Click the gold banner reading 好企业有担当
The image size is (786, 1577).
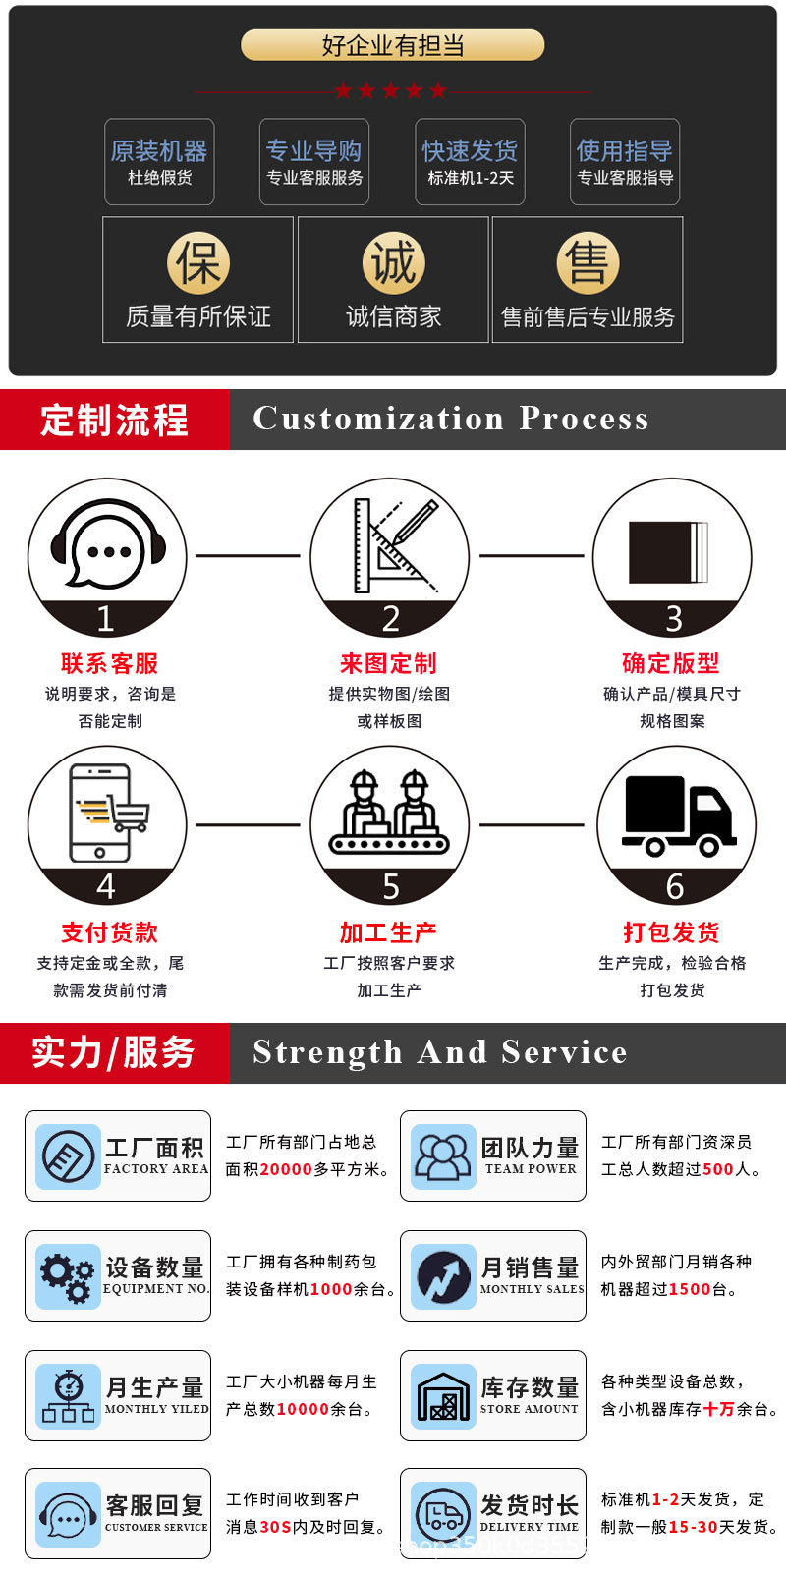(x=392, y=45)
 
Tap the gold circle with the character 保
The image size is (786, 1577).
(x=197, y=262)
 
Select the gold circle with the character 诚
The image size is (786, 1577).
(x=393, y=262)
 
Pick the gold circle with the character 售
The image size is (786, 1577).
(x=588, y=262)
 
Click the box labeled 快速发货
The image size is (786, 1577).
(x=470, y=162)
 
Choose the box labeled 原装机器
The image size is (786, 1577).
(x=159, y=162)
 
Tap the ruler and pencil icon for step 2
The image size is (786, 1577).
(x=391, y=546)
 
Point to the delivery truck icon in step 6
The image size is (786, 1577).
(x=676, y=816)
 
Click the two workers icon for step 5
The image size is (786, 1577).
(x=389, y=814)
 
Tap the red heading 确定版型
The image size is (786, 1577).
(x=671, y=663)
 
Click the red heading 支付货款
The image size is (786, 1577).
(x=109, y=932)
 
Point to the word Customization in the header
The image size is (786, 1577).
(x=378, y=419)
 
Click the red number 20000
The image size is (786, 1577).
(x=287, y=1169)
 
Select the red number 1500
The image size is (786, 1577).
(x=689, y=1289)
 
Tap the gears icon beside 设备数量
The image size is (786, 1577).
(x=68, y=1275)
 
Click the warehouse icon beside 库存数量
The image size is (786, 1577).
(x=443, y=1395)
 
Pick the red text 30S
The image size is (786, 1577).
(x=276, y=1527)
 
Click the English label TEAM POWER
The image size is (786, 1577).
(x=531, y=1169)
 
